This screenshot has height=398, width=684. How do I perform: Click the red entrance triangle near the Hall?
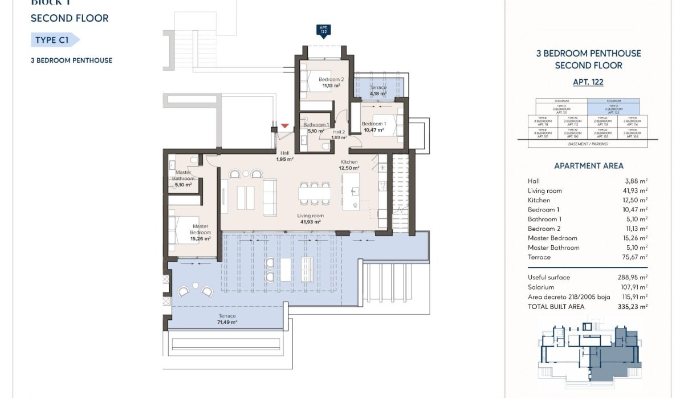(x=285, y=125)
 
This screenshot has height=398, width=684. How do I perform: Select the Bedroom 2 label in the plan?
(x=331, y=79)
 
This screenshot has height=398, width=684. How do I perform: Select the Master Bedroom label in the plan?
(x=200, y=230)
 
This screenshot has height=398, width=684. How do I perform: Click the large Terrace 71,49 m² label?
(x=227, y=319)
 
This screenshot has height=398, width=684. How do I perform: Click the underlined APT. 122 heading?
(x=588, y=82)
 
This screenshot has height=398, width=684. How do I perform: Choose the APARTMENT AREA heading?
(x=588, y=166)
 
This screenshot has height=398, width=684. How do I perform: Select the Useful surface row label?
(x=549, y=278)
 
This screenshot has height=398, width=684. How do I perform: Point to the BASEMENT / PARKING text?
(x=588, y=144)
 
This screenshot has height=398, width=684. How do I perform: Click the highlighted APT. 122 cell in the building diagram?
(x=613, y=109)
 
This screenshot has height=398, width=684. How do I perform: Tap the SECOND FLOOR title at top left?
(x=70, y=18)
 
